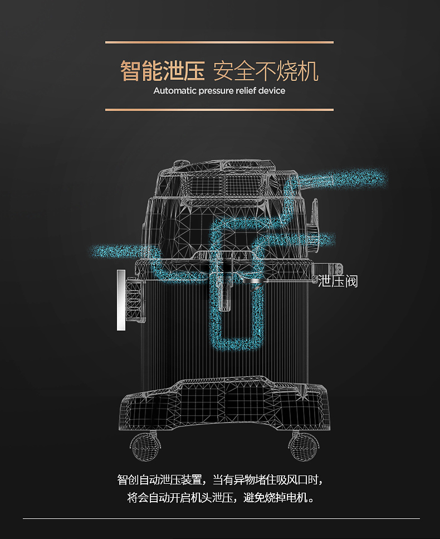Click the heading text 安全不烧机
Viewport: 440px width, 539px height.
click(266, 72)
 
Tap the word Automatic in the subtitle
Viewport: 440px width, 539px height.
click(174, 91)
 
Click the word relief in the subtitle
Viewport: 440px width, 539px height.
click(245, 91)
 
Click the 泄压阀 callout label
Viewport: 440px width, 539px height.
click(338, 281)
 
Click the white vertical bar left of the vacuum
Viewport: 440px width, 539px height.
click(121, 300)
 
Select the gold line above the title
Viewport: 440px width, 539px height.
click(219, 42)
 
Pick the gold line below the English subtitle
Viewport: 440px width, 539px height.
click(219, 110)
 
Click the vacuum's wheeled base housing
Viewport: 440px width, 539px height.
click(223, 404)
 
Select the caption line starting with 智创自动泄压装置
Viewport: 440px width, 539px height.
click(220, 479)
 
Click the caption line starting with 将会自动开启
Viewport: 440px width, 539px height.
click(220, 497)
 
